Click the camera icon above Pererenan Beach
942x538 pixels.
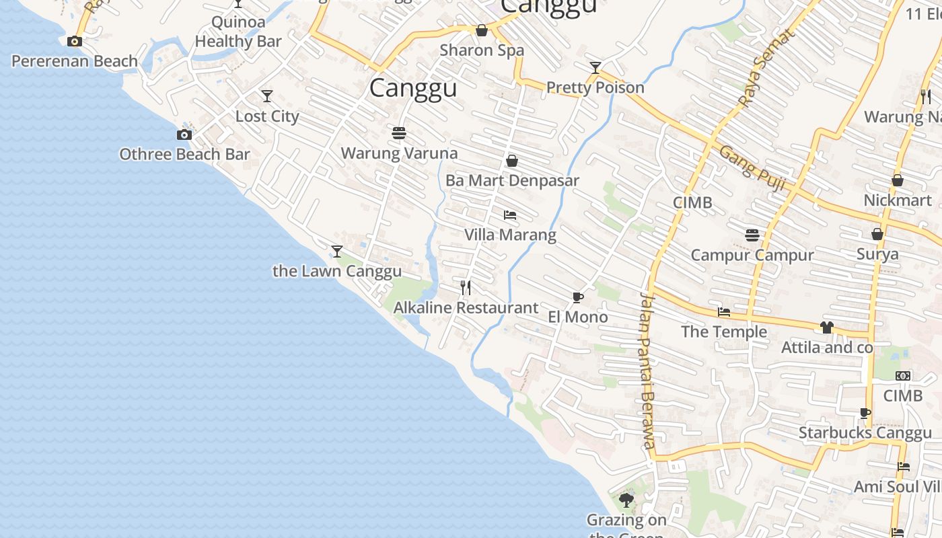[x=75, y=42]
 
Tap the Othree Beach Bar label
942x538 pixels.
[x=184, y=155]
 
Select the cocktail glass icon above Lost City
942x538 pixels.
[x=267, y=96]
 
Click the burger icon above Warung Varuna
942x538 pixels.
[x=399, y=133]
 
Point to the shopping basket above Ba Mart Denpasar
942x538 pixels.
[x=512, y=161]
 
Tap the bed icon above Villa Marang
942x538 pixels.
[x=510, y=215]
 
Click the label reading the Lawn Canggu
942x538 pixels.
[x=336, y=272]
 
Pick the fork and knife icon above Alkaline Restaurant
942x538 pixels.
[x=466, y=288]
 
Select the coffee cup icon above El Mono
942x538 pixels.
[x=577, y=297]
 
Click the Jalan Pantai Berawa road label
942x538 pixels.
[x=647, y=371]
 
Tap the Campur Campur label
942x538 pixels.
[x=752, y=256]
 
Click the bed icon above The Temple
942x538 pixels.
[x=724, y=312]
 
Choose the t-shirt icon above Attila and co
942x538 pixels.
[x=827, y=328]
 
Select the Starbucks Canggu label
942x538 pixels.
[x=865, y=433]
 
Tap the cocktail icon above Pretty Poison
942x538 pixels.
[x=595, y=68]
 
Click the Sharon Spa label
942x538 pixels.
[x=482, y=50]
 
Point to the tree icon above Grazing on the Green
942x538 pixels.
[x=626, y=500]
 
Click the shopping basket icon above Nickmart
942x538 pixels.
[x=898, y=180]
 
